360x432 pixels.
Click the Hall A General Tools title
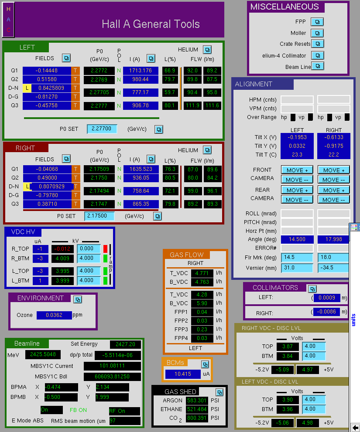click(x=151, y=24)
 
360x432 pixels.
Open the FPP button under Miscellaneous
click(x=317, y=22)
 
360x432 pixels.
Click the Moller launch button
click(x=317, y=33)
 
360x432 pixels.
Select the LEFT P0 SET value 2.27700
click(x=102, y=129)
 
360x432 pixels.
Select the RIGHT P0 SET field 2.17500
click(x=99, y=216)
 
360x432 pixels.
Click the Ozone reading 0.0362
click(x=54, y=315)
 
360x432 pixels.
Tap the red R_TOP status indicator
click(x=105, y=249)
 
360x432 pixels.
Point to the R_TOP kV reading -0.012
click(x=63, y=249)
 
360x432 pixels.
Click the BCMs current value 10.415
click(x=183, y=374)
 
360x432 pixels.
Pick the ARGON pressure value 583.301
click(x=197, y=400)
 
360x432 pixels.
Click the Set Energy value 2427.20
click(x=125, y=344)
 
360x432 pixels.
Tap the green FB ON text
click(x=79, y=410)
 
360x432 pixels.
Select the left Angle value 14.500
click(x=297, y=239)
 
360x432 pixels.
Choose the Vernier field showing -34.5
click(x=333, y=268)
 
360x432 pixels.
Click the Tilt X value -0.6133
click(x=334, y=137)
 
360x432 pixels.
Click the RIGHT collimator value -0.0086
click(x=327, y=312)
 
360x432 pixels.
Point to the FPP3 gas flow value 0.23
click(x=202, y=329)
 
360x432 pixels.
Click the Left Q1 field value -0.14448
click(x=47, y=71)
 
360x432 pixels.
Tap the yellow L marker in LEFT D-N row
click(x=27, y=88)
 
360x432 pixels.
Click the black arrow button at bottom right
click(x=355, y=427)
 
